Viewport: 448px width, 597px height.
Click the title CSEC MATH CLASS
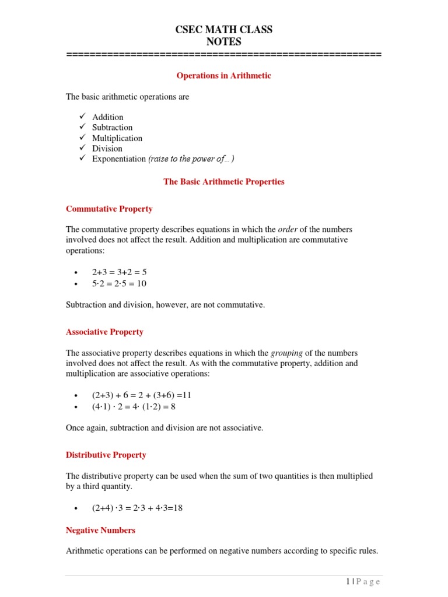pyautogui.click(x=224, y=30)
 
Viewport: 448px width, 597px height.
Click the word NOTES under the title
pyautogui.click(x=224, y=41)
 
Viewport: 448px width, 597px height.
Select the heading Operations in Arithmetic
pyautogui.click(x=224, y=76)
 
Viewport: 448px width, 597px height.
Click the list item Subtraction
pyautogui.click(x=112, y=127)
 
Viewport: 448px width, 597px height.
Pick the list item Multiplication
pyautogui.click(x=117, y=138)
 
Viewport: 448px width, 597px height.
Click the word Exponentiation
pyautogui.click(x=118, y=159)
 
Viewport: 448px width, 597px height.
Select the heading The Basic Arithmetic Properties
pyautogui.click(x=224, y=182)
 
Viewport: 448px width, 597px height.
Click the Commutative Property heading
pyautogui.click(x=109, y=209)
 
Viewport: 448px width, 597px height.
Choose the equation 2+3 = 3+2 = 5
pyautogui.click(x=119, y=272)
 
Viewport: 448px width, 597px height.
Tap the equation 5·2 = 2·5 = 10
pyautogui.click(x=119, y=283)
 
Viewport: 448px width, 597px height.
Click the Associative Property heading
pyautogui.click(x=104, y=332)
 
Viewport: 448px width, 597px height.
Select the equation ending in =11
pyautogui.click(x=141, y=395)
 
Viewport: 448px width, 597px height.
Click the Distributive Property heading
pyautogui.click(x=106, y=455)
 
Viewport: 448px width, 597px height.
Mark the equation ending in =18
pyautogui.click(x=137, y=508)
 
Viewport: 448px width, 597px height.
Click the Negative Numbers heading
pyautogui.click(x=100, y=530)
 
